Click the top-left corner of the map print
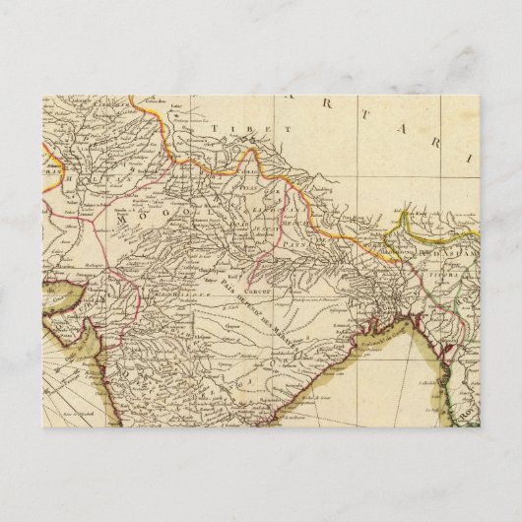[42, 96]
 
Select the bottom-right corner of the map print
[480, 427]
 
